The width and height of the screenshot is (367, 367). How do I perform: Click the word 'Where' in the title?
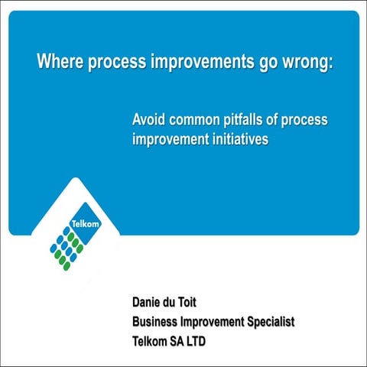60,62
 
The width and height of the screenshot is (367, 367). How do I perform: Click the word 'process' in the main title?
112,62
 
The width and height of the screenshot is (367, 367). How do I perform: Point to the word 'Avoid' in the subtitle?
149,121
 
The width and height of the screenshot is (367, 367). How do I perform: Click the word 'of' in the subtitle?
279,121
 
